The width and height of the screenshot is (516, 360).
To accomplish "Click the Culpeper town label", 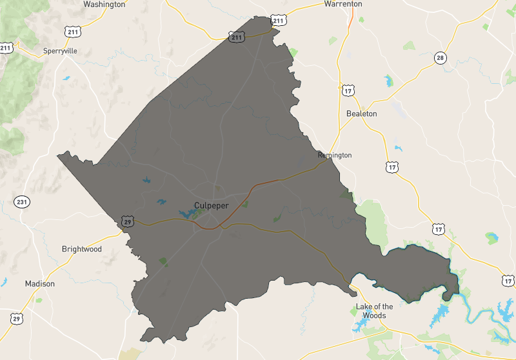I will click(x=211, y=206).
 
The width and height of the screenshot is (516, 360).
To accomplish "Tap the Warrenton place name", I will click(x=342, y=4).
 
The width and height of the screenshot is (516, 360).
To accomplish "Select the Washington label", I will click(x=104, y=4).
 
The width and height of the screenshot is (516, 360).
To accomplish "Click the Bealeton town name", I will click(x=361, y=114).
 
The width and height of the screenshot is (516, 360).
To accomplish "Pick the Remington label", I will click(x=335, y=155).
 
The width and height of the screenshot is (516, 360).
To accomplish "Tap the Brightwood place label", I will click(x=81, y=249).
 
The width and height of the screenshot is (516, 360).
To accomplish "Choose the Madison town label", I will click(x=40, y=283).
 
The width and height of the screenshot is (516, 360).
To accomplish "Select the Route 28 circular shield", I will click(x=440, y=58).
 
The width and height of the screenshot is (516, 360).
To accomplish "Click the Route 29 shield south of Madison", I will click(x=17, y=318).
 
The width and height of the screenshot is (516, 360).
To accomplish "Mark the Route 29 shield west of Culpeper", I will click(x=127, y=221).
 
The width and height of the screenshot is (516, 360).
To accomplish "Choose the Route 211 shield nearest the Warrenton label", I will click(x=278, y=21).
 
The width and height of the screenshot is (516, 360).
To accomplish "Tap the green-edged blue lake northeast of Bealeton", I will click(x=388, y=81).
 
